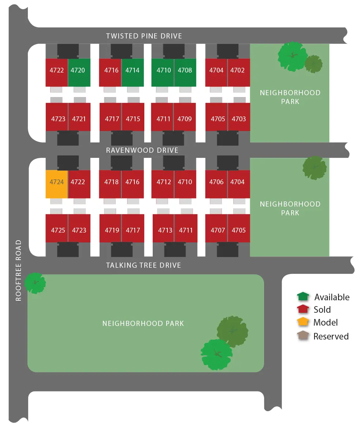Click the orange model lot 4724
[56, 184]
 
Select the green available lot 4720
[79, 73]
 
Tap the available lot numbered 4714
[133, 73]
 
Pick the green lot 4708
[185, 73]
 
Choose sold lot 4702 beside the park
[239, 73]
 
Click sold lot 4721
[79, 117]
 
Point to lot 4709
[185, 117]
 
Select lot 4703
[239, 117]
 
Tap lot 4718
[110, 184]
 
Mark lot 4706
[216, 184]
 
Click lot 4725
[57, 228]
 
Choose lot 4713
[163, 228]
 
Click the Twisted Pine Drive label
[144, 36]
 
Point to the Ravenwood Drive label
[142, 150]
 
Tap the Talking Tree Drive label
[144, 265]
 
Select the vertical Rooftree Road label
[18, 270]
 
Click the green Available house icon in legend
[303, 297]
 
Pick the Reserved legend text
[331, 336]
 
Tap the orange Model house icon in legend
[303, 322]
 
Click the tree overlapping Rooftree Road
[35, 283]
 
